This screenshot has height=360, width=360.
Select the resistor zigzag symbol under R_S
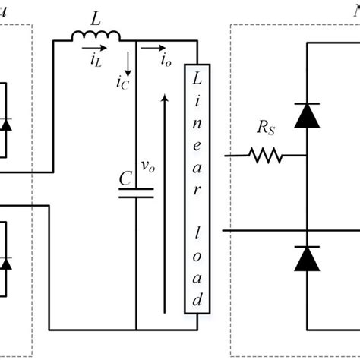pyautogui.click(x=265, y=157)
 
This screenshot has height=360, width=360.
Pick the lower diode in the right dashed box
pyautogui.click(x=307, y=258)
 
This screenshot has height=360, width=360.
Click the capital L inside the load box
pyautogui.click(x=197, y=80)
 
